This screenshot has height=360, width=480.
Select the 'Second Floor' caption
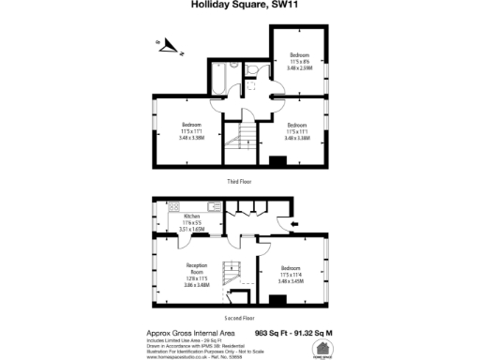240,320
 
